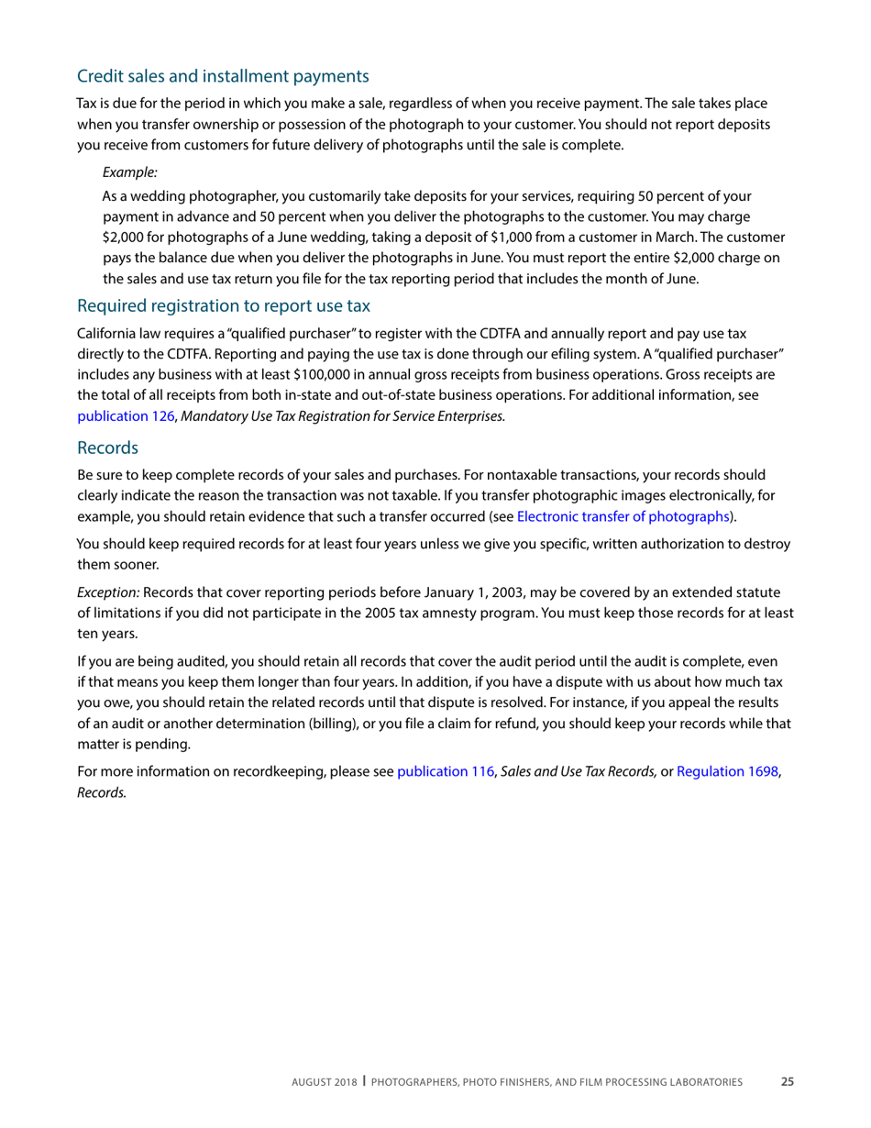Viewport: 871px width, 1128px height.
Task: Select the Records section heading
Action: (x=107, y=448)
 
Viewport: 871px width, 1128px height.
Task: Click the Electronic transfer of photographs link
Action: (x=623, y=515)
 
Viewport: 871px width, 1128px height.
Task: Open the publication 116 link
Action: (x=445, y=772)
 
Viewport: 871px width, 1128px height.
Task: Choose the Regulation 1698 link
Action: (x=728, y=772)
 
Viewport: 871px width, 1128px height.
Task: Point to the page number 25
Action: (x=787, y=1082)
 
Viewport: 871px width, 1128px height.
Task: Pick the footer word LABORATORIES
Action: (x=709, y=1082)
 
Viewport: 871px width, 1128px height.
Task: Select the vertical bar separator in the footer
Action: (x=364, y=1081)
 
